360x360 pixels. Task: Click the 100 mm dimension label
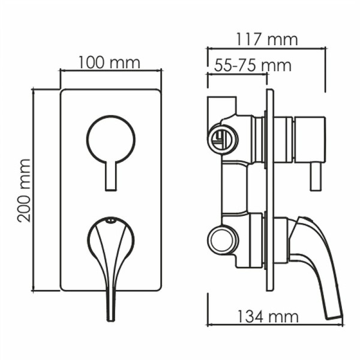tap(109, 62)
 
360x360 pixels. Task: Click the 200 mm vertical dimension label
tap(24, 190)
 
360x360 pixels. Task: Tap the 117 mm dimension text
tap(266, 40)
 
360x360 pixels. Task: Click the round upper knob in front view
tap(111, 140)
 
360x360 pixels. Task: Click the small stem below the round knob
tap(111, 176)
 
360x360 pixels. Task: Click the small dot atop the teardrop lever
tap(110, 223)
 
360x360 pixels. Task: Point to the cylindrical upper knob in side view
tap(309, 140)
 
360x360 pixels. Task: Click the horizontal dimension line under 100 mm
tap(110, 71)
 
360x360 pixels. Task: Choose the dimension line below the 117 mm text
tap(266, 48)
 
